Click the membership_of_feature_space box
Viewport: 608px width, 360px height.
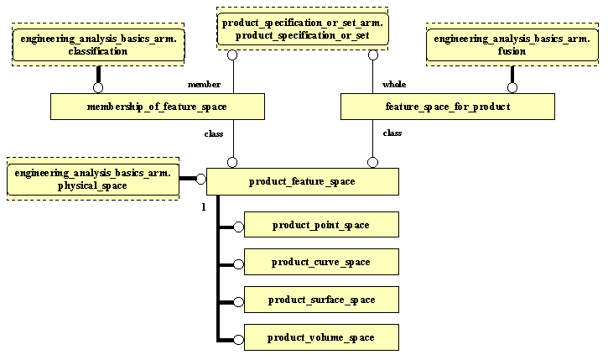pyautogui.click(x=157, y=107)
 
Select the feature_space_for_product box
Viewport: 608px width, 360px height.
pyautogui.click(x=447, y=107)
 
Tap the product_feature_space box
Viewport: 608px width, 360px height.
pyautogui.click(x=302, y=181)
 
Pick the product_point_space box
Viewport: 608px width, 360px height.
pyautogui.click(x=320, y=225)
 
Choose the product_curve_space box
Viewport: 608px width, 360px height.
pyautogui.click(x=320, y=263)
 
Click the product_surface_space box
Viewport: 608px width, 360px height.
pyautogui.click(x=320, y=300)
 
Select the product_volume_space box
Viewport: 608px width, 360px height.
pyautogui.click(x=320, y=337)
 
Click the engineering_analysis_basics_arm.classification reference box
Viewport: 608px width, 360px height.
pyautogui.click(x=97, y=45)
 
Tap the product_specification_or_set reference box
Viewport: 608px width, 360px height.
pyautogui.click(x=303, y=30)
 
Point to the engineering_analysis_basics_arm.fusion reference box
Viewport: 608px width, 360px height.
pyautogui.click(x=512, y=45)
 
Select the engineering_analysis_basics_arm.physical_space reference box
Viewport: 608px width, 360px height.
pyautogui.click(x=93, y=179)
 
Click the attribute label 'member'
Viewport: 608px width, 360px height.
pyautogui.click(x=204, y=85)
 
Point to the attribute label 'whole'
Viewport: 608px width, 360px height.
pyautogui.click(x=394, y=85)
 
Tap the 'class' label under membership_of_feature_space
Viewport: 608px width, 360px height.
pyautogui.click(x=214, y=133)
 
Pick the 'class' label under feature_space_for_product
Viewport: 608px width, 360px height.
pyautogui.click(x=392, y=133)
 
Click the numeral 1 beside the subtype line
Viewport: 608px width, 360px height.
pyautogui.click(x=204, y=207)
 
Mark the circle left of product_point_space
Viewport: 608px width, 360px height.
pyautogui.click(x=238, y=226)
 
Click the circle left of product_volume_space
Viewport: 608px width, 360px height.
pyautogui.click(x=238, y=338)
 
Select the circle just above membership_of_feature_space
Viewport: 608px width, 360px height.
pyautogui.click(x=97, y=87)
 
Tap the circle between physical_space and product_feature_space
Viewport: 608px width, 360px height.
pyautogui.click(x=200, y=179)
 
